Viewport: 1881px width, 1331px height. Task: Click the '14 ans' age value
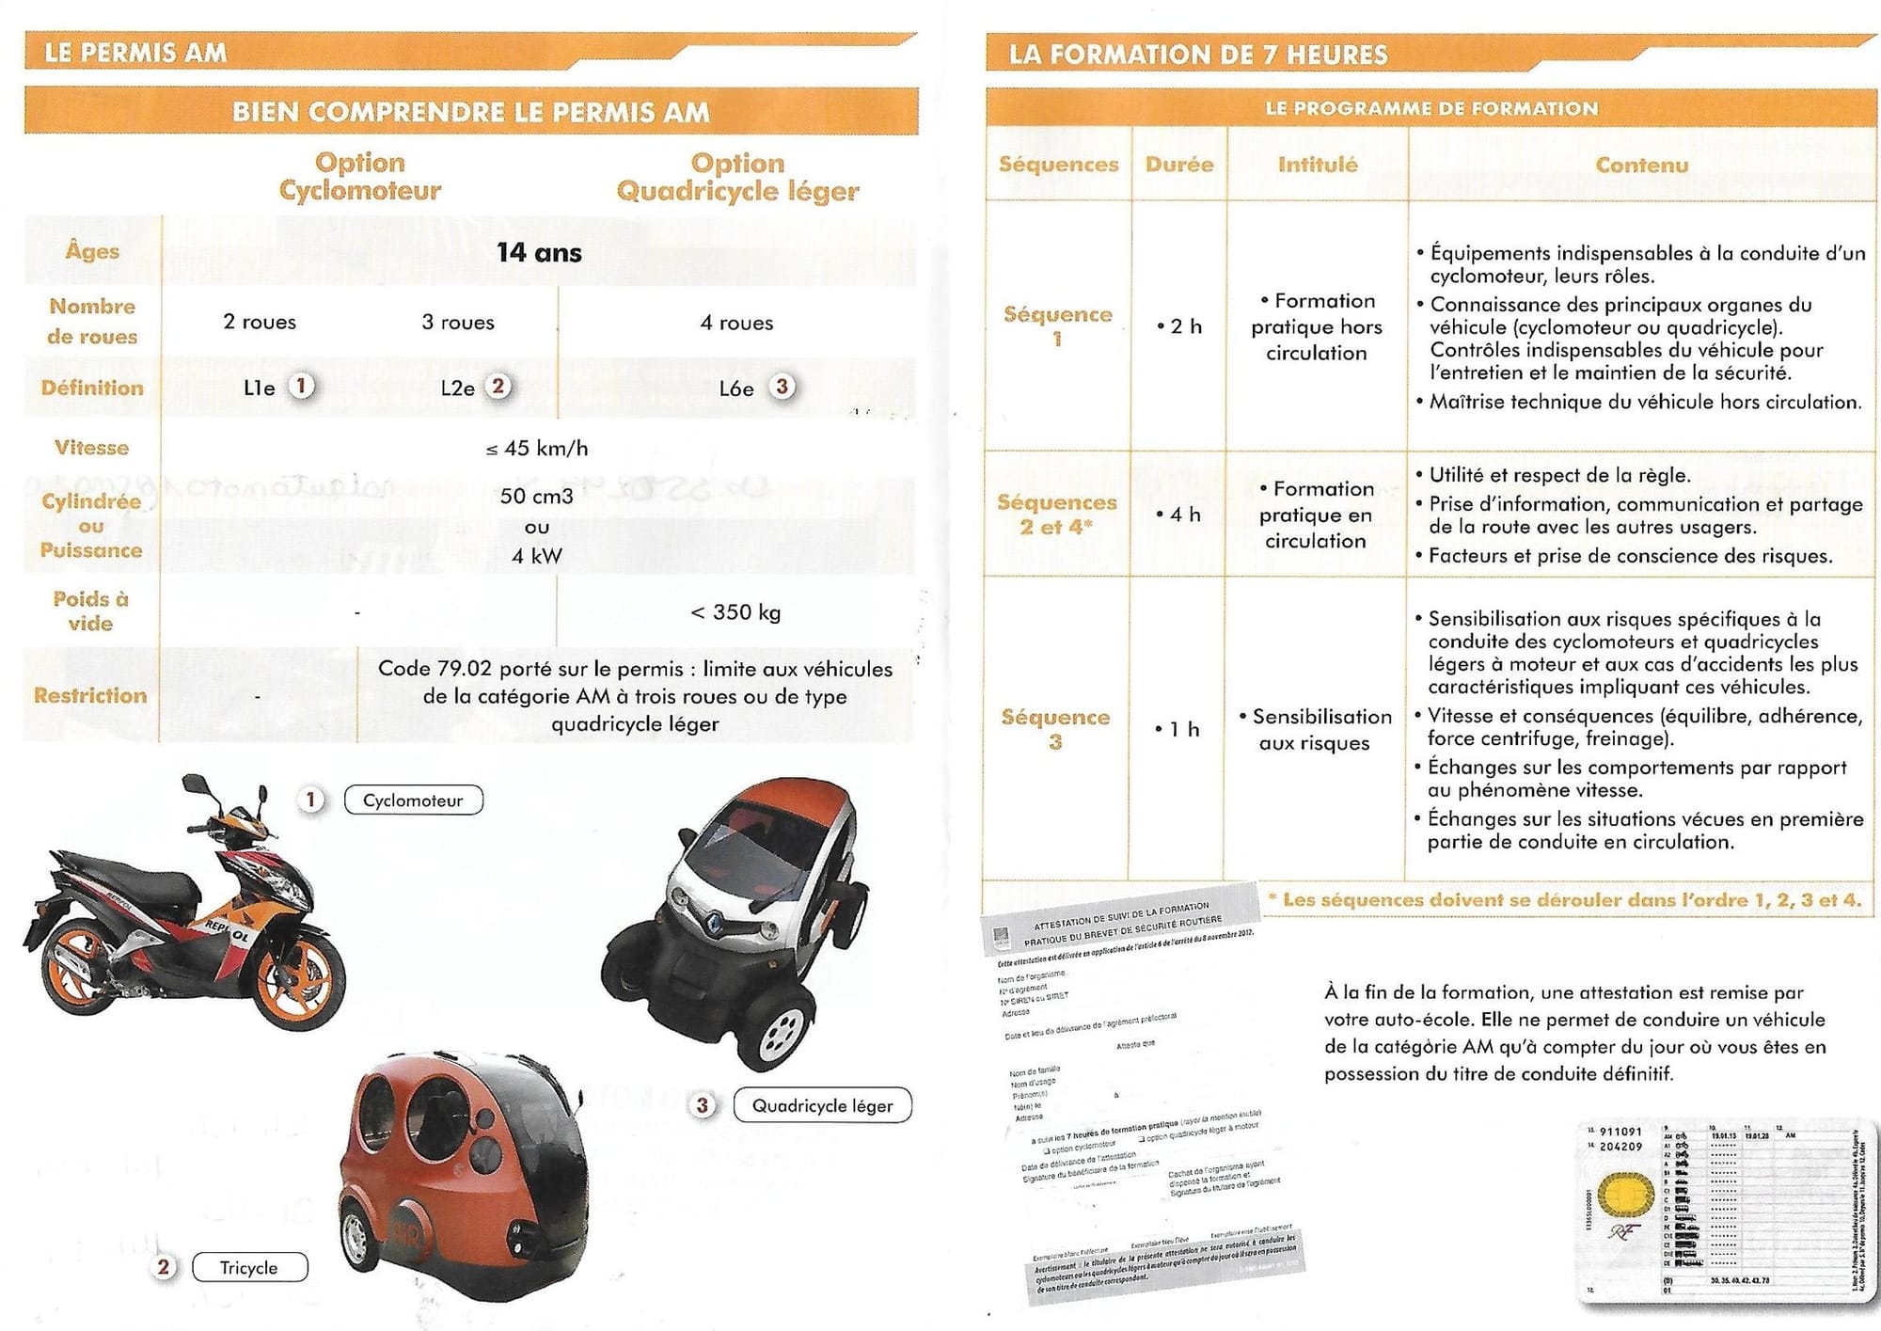pyautogui.click(x=539, y=252)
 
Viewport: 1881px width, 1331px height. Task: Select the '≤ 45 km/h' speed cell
pyautogui.click(x=537, y=449)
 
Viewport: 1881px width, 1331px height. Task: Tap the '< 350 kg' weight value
pyautogui.click(x=735, y=612)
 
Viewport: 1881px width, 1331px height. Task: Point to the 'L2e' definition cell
pyautogui.click(x=458, y=388)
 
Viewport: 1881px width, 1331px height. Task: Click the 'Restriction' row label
pyautogui.click(x=90, y=695)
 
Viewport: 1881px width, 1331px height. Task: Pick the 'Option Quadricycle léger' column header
pyautogui.click(x=737, y=177)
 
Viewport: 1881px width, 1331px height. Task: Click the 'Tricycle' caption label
pyautogui.click(x=249, y=1268)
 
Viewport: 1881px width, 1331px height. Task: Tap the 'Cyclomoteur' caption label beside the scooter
pyautogui.click(x=413, y=800)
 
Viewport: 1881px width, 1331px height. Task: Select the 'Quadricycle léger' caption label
pyautogui.click(x=822, y=1106)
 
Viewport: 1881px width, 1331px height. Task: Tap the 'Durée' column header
pyautogui.click(x=1179, y=165)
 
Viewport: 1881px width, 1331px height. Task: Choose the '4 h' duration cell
pyautogui.click(x=1179, y=515)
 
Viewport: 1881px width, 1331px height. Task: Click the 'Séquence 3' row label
pyautogui.click(x=1055, y=729)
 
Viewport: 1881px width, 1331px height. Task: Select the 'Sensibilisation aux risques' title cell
pyautogui.click(x=1315, y=730)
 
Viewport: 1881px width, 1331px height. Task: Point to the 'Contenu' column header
pyautogui.click(x=1641, y=166)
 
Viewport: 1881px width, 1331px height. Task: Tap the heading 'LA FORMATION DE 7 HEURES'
pyautogui.click(x=1198, y=55)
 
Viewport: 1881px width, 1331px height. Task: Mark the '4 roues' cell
pyautogui.click(x=736, y=324)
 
